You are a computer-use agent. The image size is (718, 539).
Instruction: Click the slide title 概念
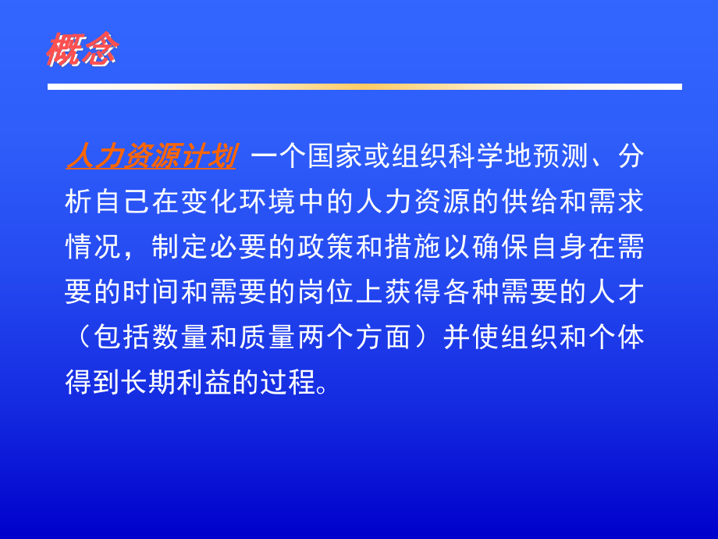(81, 52)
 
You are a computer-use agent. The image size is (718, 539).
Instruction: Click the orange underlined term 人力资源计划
(151, 158)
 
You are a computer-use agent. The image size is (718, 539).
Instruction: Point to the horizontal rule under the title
(364, 87)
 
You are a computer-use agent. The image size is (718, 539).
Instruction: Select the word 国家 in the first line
(325, 158)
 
